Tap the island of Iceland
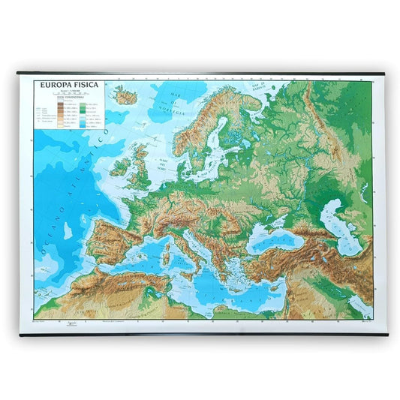pos(125,96)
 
